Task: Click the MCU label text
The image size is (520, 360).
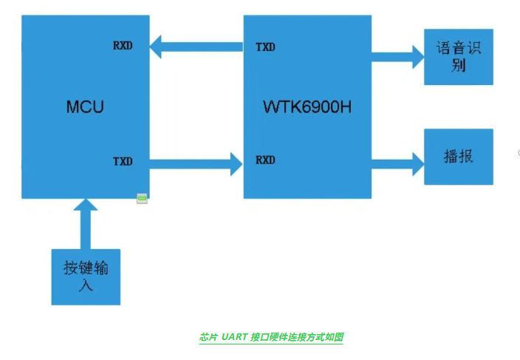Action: click(85, 107)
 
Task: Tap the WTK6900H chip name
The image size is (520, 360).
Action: click(307, 107)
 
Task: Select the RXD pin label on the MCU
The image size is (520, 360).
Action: click(123, 46)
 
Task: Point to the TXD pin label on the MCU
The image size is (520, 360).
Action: click(123, 161)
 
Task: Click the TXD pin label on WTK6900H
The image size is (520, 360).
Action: click(265, 47)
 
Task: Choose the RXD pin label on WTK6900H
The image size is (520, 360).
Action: click(265, 160)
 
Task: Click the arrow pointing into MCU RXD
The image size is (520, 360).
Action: click(196, 49)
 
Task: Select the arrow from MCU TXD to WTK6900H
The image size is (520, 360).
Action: click(196, 162)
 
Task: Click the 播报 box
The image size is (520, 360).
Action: click(458, 157)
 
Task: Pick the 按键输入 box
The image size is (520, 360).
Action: click(86, 276)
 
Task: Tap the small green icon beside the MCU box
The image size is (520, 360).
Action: click(142, 197)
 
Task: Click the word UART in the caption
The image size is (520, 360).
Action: click(234, 337)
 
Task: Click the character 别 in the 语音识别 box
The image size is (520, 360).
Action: click(458, 67)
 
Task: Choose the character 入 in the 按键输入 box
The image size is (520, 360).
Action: click(86, 285)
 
